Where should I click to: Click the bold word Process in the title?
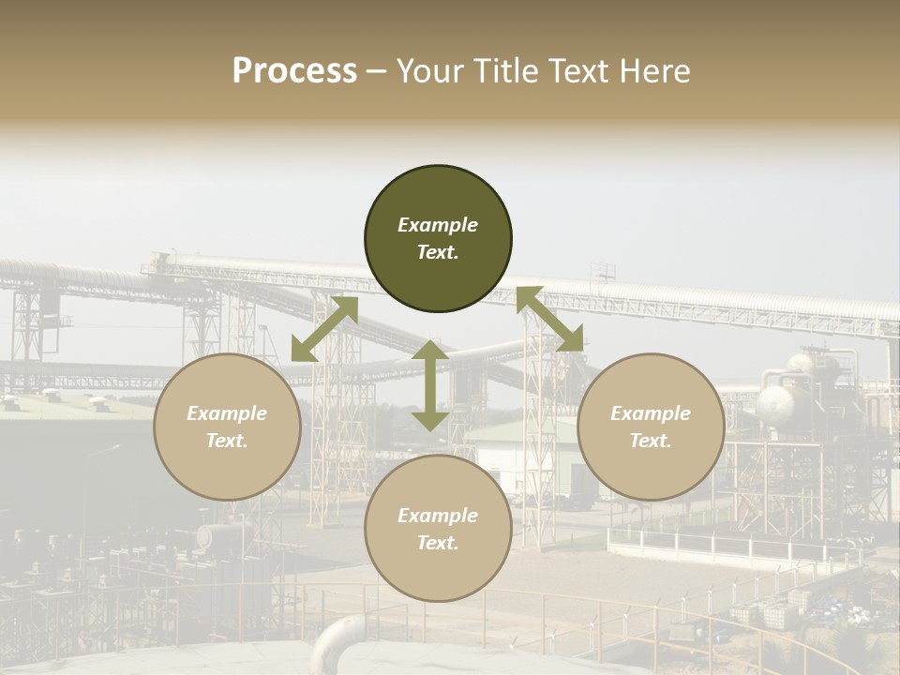[294, 71]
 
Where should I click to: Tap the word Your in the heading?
[427, 71]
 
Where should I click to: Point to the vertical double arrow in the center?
[429, 385]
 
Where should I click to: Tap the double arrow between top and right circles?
[549, 320]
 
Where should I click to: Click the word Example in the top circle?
[438, 225]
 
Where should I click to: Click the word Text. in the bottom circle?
[438, 543]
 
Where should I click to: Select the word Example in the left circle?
[227, 413]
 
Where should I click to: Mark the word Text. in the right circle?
[651, 441]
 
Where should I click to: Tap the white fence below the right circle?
[712, 544]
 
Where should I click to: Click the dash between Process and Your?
[376, 71]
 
